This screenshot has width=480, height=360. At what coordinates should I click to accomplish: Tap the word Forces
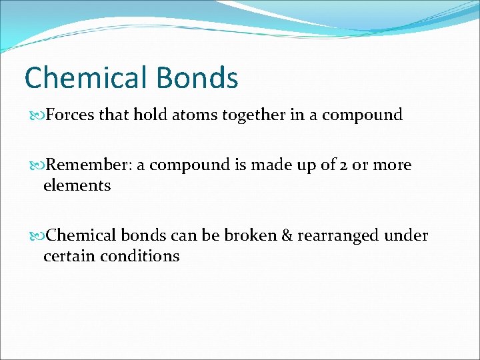click(x=71, y=115)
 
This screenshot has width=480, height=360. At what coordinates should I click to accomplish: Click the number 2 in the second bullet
click(x=345, y=165)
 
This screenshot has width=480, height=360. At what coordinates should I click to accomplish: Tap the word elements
click(x=77, y=185)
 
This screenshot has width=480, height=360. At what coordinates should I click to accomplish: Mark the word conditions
click(x=141, y=256)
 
